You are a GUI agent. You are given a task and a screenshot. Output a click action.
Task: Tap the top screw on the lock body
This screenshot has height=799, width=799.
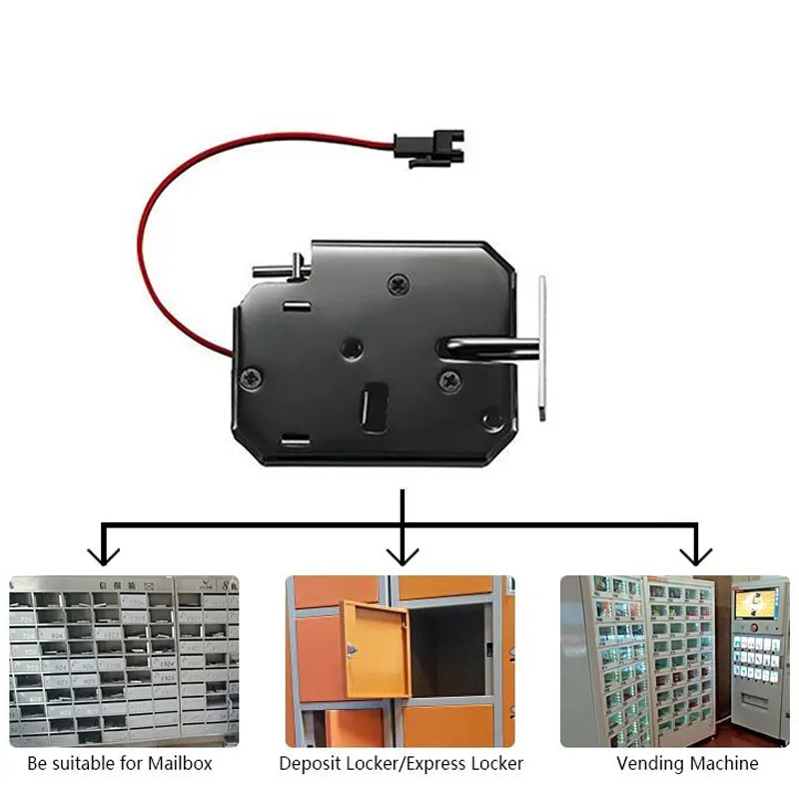[x=399, y=284]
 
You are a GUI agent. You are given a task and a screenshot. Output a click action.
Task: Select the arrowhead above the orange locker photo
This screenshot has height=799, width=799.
[x=401, y=554]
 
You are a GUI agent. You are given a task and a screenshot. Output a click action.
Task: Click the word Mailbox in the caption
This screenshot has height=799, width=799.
[x=180, y=764]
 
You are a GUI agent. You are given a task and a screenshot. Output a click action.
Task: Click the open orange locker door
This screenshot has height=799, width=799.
[x=377, y=648]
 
